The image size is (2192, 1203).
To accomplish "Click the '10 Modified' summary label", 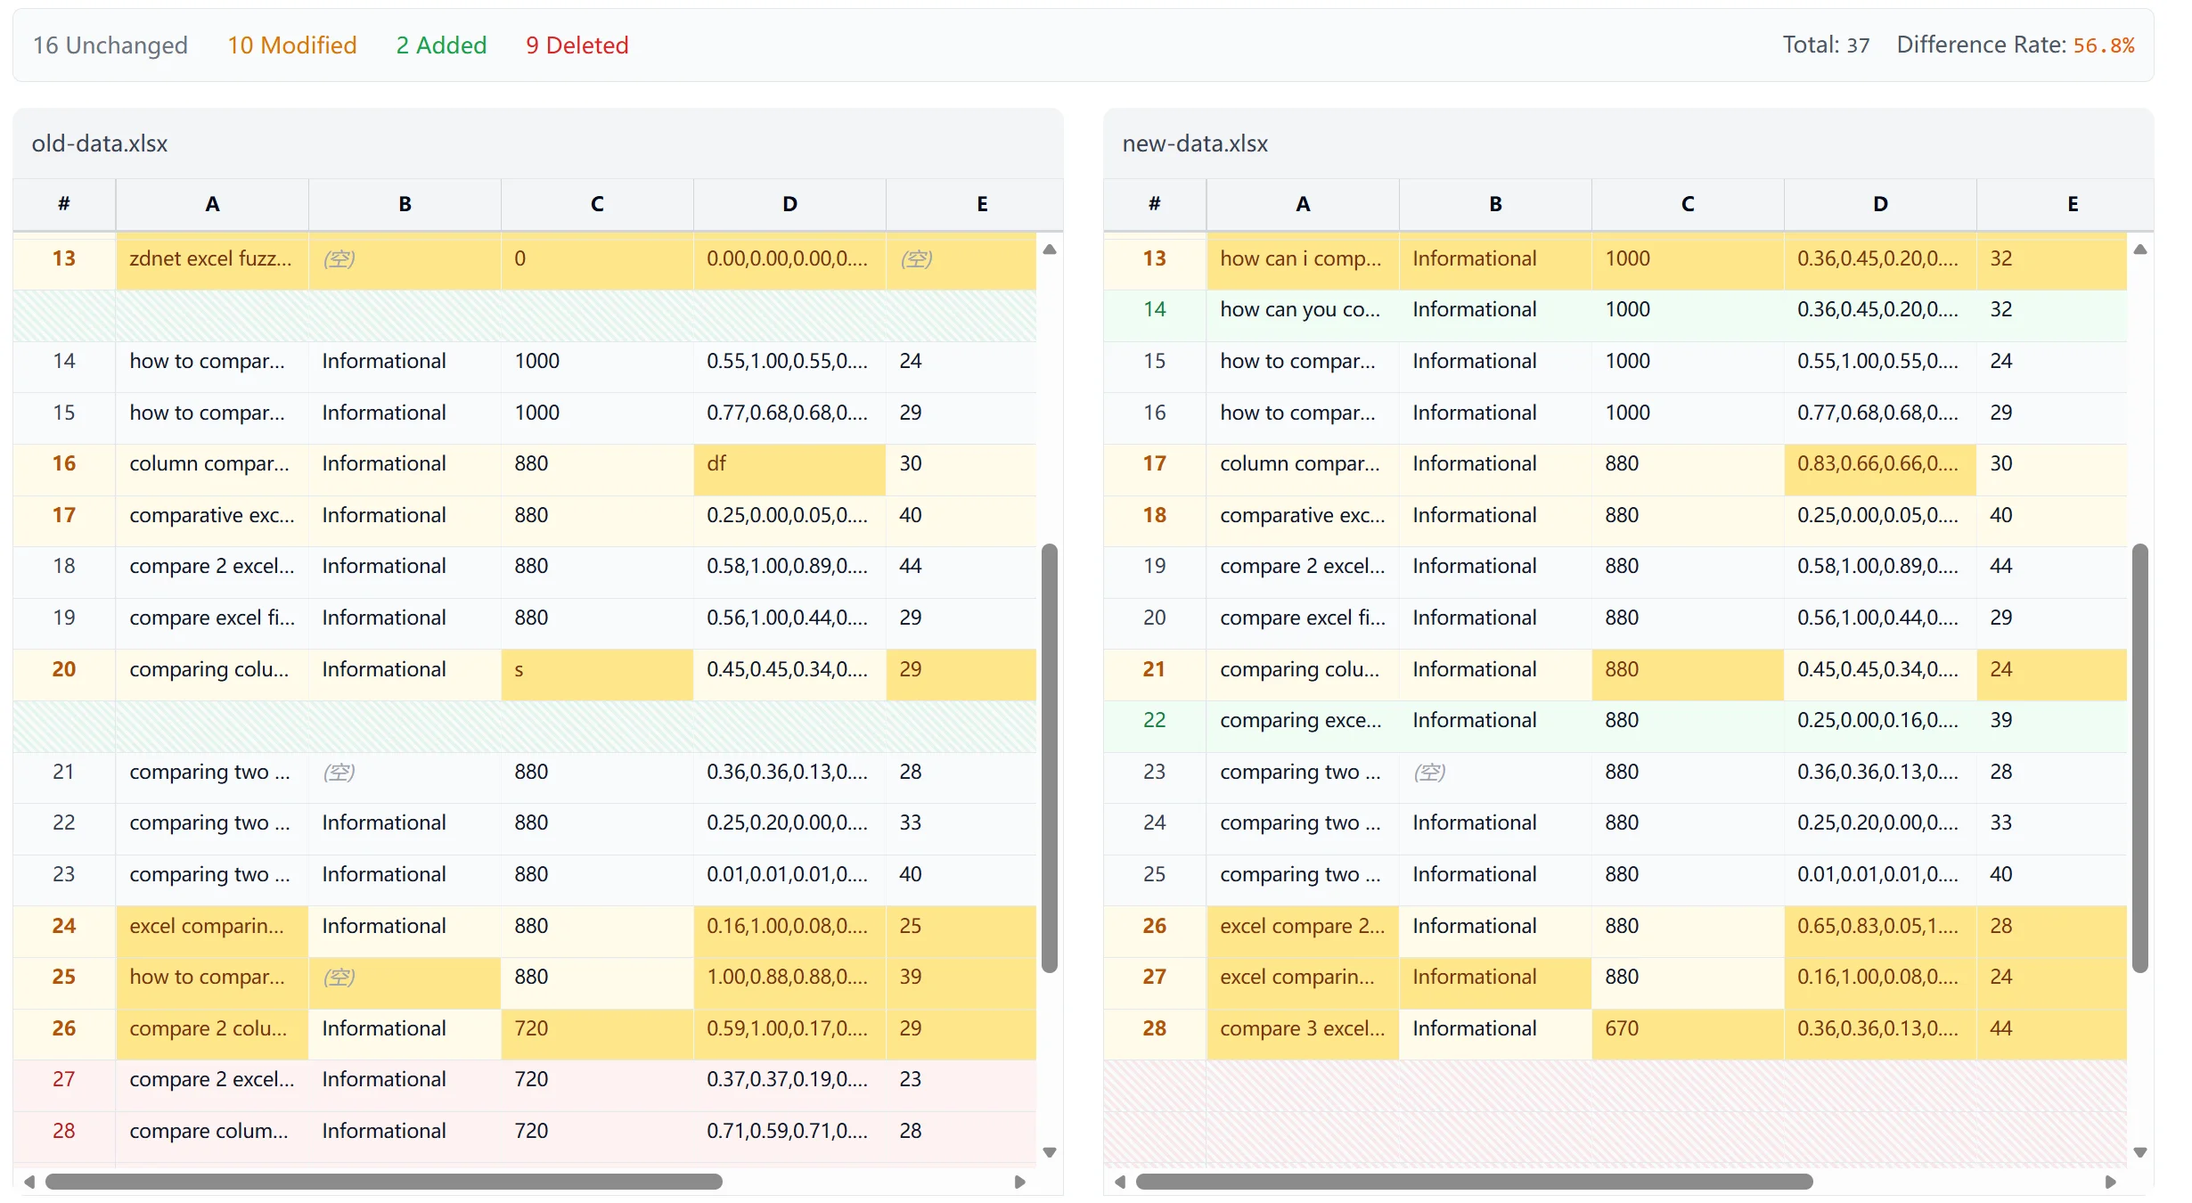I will click(x=291, y=45).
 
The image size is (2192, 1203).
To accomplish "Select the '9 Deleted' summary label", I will click(x=577, y=45).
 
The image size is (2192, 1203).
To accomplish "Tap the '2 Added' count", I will click(x=441, y=45).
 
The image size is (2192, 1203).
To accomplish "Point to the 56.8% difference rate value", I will click(x=2103, y=45).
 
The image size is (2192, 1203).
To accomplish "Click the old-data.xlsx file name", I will click(x=99, y=143).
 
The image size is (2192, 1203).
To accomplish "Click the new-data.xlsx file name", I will click(x=1194, y=143).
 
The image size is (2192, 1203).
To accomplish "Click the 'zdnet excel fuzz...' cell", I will click(x=211, y=259).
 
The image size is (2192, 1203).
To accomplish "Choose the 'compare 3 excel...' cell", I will click(x=1302, y=1029).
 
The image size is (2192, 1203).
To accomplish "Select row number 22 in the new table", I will click(x=1154, y=721).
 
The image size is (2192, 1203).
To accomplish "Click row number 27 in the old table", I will click(x=63, y=1080).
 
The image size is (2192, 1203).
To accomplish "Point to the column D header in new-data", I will click(x=1879, y=204).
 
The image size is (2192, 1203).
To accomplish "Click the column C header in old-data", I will click(x=596, y=204).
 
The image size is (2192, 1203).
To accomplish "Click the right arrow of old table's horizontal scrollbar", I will click(x=1020, y=1183).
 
